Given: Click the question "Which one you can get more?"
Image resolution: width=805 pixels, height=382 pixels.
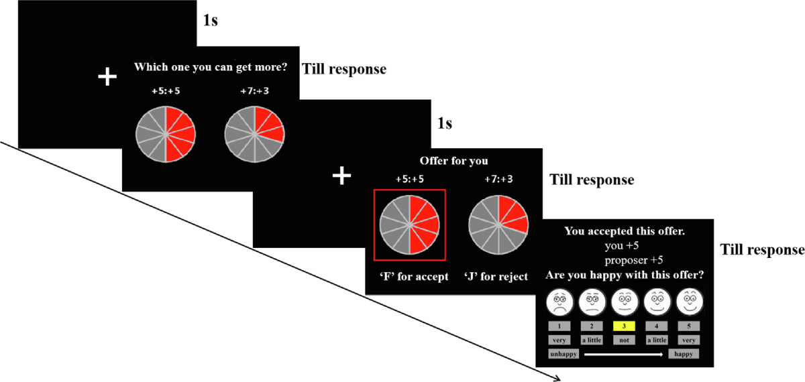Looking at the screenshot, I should [x=211, y=67].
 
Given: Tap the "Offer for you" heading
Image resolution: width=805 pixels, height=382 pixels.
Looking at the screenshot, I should [x=453, y=161].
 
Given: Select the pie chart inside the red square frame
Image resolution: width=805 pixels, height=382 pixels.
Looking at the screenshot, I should [x=409, y=225].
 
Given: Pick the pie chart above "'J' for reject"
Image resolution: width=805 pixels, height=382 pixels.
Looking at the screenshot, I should [x=498, y=225].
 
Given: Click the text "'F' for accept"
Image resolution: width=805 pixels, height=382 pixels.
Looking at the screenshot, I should [x=409, y=276].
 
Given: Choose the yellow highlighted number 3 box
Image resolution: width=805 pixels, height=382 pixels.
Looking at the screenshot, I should [x=624, y=326].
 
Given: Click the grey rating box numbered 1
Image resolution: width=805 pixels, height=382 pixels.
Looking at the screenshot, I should [x=559, y=326].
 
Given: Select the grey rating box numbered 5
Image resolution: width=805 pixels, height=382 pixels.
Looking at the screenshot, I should [x=689, y=326].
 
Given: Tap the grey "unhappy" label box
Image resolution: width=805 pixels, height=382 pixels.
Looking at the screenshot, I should [x=561, y=353].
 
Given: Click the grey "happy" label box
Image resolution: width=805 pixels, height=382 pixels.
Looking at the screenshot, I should [x=684, y=353].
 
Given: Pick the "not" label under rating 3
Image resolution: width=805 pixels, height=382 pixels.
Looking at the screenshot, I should [x=624, y=340].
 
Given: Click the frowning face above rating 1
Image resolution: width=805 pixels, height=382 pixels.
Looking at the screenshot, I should [x=559, y=303].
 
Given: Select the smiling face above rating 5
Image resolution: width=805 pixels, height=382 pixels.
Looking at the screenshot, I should [x=689, y=303].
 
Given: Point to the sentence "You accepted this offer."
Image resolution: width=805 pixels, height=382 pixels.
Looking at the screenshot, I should [x=625, y=232].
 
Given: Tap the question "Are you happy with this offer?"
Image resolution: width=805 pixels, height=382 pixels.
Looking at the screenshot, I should [x=625, y=275].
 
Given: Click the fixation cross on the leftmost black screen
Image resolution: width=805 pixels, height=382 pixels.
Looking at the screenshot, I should [x=107, y=76].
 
